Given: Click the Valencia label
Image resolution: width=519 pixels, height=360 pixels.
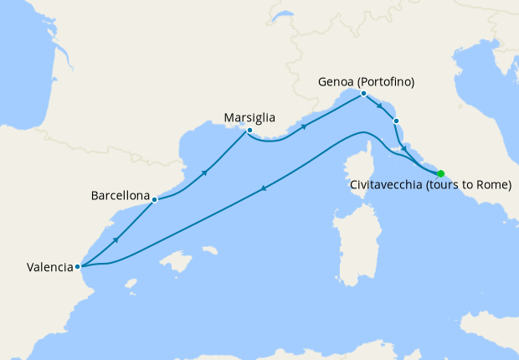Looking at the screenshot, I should coord(49,268).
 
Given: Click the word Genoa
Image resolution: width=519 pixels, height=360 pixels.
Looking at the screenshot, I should coord(337,82).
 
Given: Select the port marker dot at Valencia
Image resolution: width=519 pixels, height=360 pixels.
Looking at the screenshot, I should coord(77,267).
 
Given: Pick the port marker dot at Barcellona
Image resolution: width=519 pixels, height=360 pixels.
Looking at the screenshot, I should coord(155,200).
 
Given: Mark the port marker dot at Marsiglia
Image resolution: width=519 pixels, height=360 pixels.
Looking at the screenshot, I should coord(249,131).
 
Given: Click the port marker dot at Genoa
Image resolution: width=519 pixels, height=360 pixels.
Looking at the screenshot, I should coord(363,94).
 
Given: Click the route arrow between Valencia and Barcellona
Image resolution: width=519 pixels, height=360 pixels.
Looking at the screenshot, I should coord(116,240).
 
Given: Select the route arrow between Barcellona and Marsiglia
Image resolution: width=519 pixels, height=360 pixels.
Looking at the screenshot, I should coord(204,172).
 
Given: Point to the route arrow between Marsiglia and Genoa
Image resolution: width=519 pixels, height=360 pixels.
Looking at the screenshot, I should coord(304,127).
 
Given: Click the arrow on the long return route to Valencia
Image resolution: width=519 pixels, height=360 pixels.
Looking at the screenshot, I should coord(265,188).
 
